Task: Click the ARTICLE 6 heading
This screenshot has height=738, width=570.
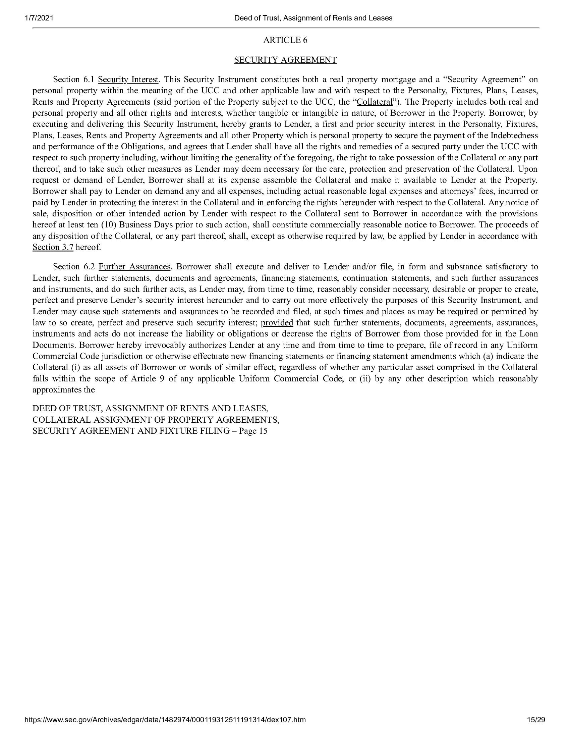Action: point(285,40)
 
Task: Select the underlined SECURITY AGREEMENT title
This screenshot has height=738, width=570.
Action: point(285,60)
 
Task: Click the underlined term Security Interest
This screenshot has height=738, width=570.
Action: point(128,80)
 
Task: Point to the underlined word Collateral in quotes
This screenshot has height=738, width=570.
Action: point(375,102)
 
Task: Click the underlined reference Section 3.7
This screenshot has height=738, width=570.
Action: point(53,247)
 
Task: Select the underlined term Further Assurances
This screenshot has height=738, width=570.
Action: point(134,267)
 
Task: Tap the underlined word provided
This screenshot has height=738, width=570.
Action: point(277,323)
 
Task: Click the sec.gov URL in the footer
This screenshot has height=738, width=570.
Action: point(165,729)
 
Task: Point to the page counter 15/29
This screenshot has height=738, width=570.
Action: point(536,729)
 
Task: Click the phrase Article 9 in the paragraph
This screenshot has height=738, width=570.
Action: point(148,379)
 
